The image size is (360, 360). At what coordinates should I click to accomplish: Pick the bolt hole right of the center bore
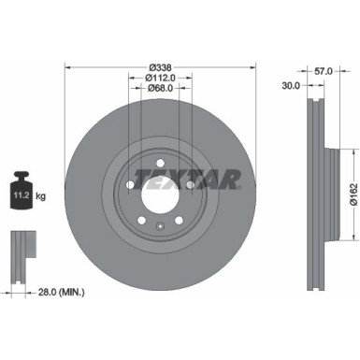190,186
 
